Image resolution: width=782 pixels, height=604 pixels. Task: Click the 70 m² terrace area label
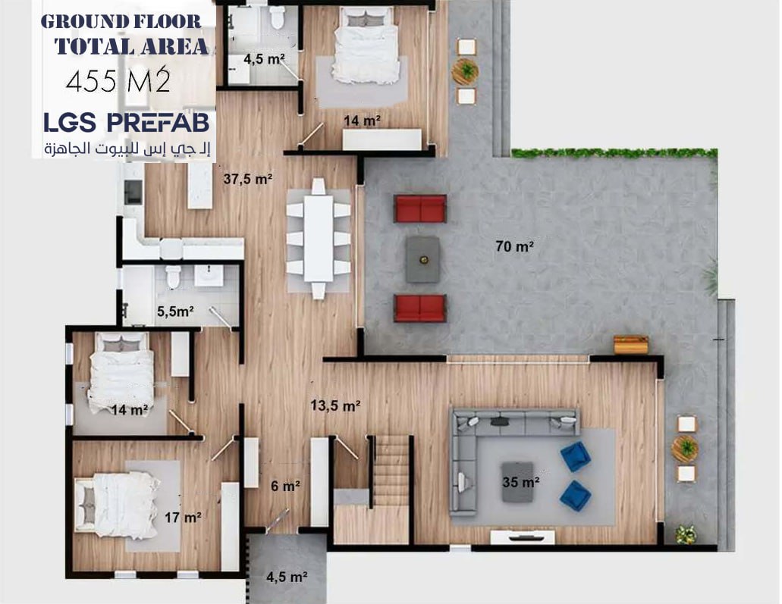(515, 246)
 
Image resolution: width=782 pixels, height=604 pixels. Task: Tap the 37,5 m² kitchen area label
(248, 178)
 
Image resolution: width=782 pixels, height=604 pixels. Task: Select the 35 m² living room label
(520, 482)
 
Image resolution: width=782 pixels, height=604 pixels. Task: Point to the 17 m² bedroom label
(183, 518)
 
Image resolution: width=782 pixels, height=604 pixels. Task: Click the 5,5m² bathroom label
(175, 311)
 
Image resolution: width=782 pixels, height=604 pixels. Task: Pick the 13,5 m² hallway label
(336, 405)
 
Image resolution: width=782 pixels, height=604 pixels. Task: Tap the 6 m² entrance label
(285, 486)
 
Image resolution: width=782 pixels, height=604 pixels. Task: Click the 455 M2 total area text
(118, 80)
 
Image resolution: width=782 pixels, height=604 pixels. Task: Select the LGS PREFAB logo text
(127, 123)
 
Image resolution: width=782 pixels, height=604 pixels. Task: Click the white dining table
(319, 239)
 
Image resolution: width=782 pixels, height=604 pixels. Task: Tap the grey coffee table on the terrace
(423, 259)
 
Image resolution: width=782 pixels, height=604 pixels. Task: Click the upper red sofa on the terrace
(420, 208)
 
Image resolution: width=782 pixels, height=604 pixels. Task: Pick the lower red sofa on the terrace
(420, 308)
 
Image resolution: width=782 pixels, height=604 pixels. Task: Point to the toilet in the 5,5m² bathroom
(173, 277)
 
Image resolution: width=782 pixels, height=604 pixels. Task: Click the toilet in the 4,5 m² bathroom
(277, 18)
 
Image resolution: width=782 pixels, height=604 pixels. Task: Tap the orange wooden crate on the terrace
(631, 345)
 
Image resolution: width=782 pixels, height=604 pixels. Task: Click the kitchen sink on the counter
(133, 192)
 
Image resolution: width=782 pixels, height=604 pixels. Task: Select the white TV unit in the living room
(522, 537)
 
